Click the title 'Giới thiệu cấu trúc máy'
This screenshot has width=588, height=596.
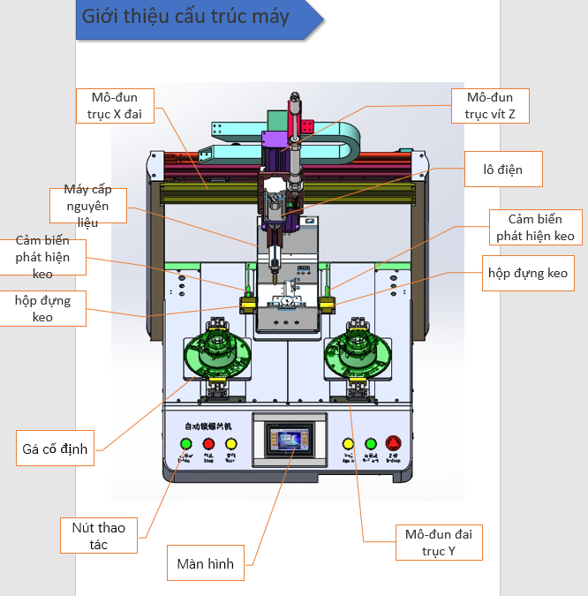185,18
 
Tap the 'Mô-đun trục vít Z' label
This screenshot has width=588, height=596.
490,105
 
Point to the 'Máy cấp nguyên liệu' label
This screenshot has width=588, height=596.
87,206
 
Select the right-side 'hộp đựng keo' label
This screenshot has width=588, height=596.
528,273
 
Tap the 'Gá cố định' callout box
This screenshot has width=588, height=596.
55,449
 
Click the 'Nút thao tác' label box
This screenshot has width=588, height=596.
99,536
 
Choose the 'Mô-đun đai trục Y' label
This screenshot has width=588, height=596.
439,543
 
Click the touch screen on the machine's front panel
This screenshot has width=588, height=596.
290,439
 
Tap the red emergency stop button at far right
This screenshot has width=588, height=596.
394,444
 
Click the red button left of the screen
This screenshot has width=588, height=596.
209,444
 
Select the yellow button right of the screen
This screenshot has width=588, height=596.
348,444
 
